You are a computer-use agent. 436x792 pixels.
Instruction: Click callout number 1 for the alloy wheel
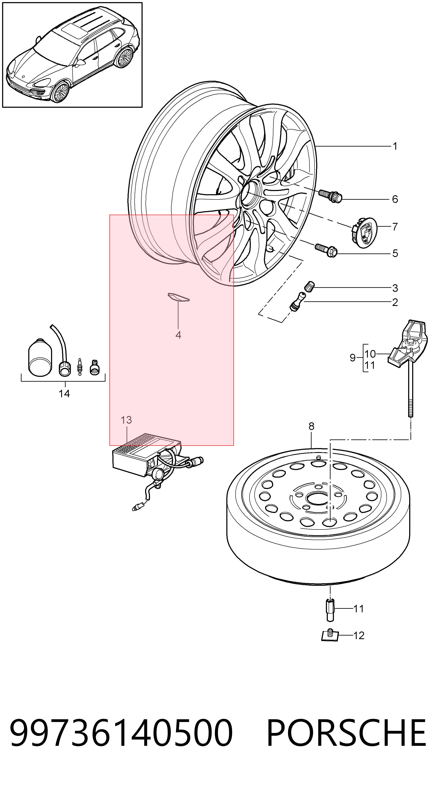pyautogui.click(x=395, y=146)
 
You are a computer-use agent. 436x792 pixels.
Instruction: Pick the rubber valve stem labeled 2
pyautogui.click(x=298, y=301)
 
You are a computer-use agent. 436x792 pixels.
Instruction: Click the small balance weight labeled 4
pyautogui.click(x=178, y=297)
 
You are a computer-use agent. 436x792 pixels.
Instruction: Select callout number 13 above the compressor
pyautogui.click(x=126, y=420)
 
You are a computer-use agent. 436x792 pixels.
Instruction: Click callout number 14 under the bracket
pyautogui.click(x=64, y=393)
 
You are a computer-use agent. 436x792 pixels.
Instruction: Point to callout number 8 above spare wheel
pyautogui.click(x=312, y=426)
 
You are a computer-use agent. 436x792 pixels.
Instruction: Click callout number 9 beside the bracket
pyautogui.click(x=353, y=358)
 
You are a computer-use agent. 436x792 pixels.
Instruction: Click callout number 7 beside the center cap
pyautogui.click(x=395, y=227)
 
